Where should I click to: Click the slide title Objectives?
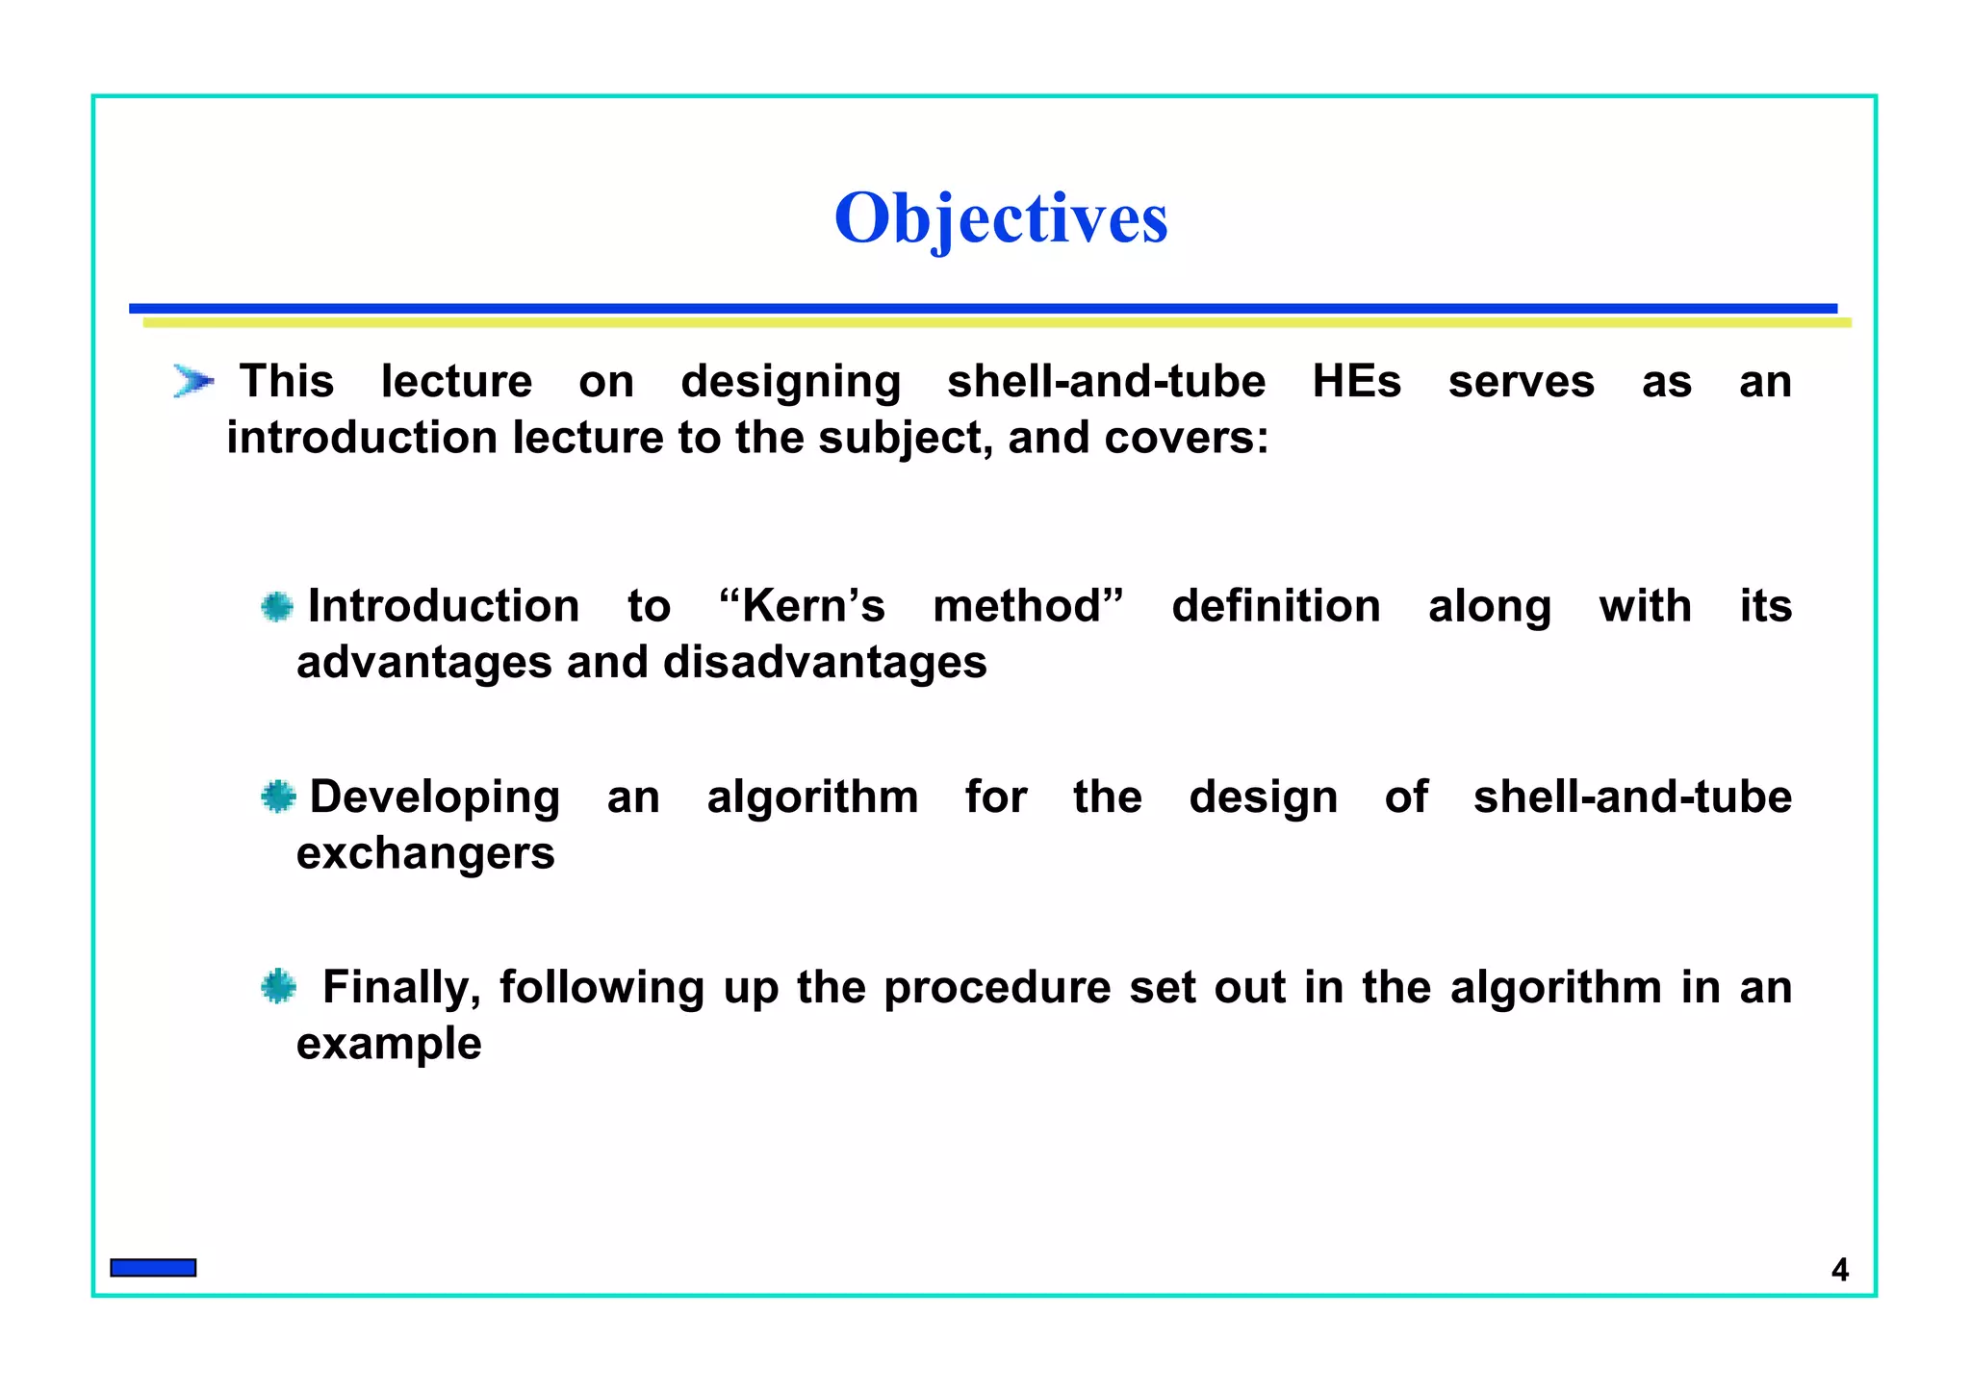click(1001, 218)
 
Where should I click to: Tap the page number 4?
click(1839, 1270)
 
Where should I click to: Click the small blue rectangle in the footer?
click(153, 1268)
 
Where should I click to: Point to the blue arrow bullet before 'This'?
click(192, 381)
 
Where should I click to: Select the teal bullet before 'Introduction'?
click(277, 606)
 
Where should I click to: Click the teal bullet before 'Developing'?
click(278, 797)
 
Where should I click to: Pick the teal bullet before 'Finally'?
click(278, 987)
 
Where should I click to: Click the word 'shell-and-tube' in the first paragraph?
click(1106, 382)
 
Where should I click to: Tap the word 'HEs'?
click(1356, 382)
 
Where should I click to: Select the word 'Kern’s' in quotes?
click(802, 606)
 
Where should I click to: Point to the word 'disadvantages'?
click(825, 663)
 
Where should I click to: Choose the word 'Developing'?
click(434, 797)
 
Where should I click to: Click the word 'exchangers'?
click(425, 853)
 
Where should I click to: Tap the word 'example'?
click(389, 1044)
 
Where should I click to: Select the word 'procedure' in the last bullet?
click(997, 988)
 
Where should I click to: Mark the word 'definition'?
click(1275, 606)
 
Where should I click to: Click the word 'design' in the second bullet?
click(1263, 797)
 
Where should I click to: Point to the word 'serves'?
click(1521, 382)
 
